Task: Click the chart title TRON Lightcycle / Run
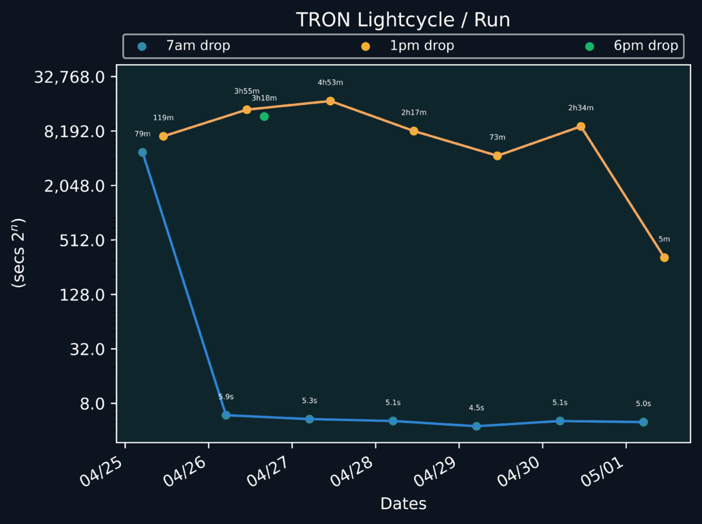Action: [x=403, y=20]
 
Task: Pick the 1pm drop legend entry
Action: [x=422, y=46]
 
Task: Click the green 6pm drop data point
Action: [x=264, y=117]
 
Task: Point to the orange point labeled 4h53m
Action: [x=330, y=101]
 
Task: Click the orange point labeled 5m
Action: [x=664, y=258]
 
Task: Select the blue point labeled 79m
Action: [x=143, y=153]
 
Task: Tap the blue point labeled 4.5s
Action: [x=476, y=426]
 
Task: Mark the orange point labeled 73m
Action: [x=497, y=156]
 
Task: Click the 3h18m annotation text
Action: [x=264, y=98]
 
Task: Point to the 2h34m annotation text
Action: [x=581, y=108]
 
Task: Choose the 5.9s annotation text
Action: [x=226, y=396]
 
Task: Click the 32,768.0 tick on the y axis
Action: [x=73, y=77]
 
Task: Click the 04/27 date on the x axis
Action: [x=270, y=471]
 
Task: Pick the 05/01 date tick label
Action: [x=603, y=471]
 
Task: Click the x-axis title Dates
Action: [x=403, y=504]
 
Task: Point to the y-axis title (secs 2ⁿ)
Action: [x=18, y=253]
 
